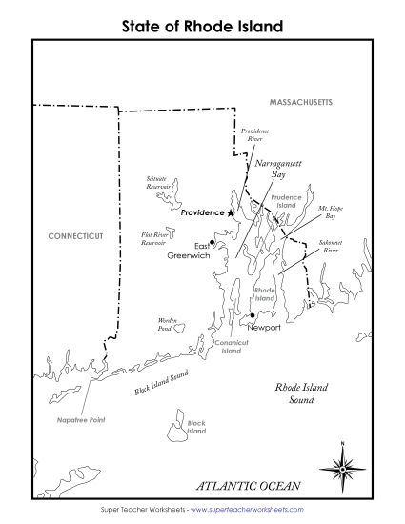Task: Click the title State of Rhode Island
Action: (202, 27)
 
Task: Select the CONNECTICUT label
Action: (75, 234)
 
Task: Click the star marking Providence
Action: (231, 213)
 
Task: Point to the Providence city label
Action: (201, 213)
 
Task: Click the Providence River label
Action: (254, 134)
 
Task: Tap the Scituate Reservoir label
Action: (157, 183)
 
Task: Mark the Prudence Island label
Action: (287, 201)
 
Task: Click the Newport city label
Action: (264, 328)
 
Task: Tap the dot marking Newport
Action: (251, 315)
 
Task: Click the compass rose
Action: (343, 467)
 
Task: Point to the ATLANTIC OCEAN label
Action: (249, 486)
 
